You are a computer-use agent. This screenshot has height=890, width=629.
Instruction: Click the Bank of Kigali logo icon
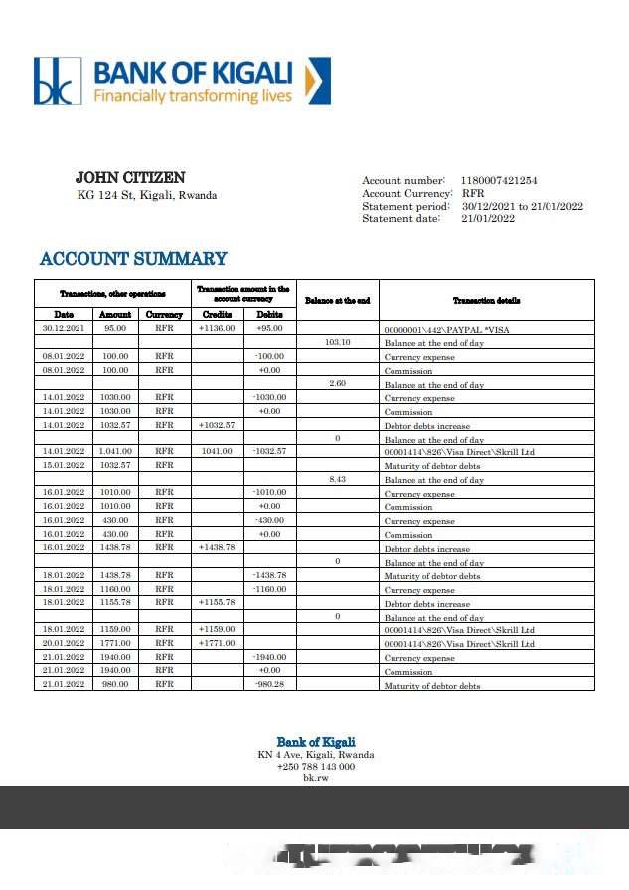tap(57, 81)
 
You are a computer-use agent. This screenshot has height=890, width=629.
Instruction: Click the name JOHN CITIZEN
tap(130, 178)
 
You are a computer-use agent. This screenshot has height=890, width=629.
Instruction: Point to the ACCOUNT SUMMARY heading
tap(133, 259)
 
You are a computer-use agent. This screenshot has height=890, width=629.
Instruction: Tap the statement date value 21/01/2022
tap(487, 219)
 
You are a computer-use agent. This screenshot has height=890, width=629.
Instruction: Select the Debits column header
tap(269, 314)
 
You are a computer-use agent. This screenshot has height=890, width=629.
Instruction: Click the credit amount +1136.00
tap(216, 328)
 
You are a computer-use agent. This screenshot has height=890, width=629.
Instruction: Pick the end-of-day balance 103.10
tap(338, 342)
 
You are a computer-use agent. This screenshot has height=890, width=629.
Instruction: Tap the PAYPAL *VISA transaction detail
tap(447, 329)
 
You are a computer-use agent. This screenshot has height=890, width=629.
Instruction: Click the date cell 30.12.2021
tap(64, 328)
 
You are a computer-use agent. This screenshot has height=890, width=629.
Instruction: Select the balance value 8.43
tap(338, 479)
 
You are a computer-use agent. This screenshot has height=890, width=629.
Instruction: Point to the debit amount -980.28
tap(269, 685)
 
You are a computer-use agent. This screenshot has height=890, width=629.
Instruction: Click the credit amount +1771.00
tap(216, 643)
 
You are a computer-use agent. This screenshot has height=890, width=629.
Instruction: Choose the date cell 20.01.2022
tap(64, 643)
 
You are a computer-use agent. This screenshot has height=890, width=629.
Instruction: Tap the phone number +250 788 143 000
tap(315, 767)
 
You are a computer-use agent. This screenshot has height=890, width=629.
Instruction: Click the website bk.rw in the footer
tap(315, 778)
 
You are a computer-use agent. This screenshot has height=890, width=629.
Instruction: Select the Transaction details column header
tap(486, 300)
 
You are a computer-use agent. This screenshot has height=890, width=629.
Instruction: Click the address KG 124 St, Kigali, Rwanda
tap(147, 195)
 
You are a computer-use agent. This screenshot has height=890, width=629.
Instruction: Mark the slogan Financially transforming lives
tap(193, 96)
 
